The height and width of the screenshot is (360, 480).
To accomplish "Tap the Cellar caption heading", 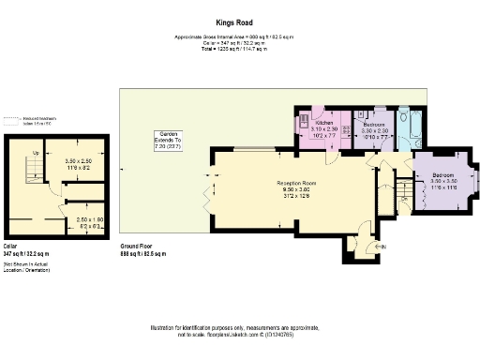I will pyautogui.click(x=10, y=247).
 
